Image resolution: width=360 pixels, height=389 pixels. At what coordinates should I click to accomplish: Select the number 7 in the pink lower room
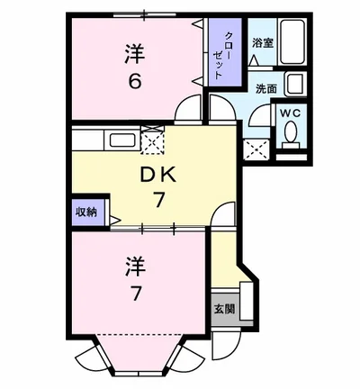click(x=135, y=292)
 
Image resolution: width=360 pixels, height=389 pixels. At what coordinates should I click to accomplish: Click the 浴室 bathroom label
click(x=262, y=42)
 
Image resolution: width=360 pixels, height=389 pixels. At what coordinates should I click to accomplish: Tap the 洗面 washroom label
click(x=265, y=89)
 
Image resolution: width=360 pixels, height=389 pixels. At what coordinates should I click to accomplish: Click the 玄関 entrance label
click(x=224, y=309)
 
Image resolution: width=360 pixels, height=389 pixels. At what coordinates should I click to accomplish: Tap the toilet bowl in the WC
click(x=290, y=133)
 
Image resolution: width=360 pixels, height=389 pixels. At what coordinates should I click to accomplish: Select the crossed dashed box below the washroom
click(x=258, y=149)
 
